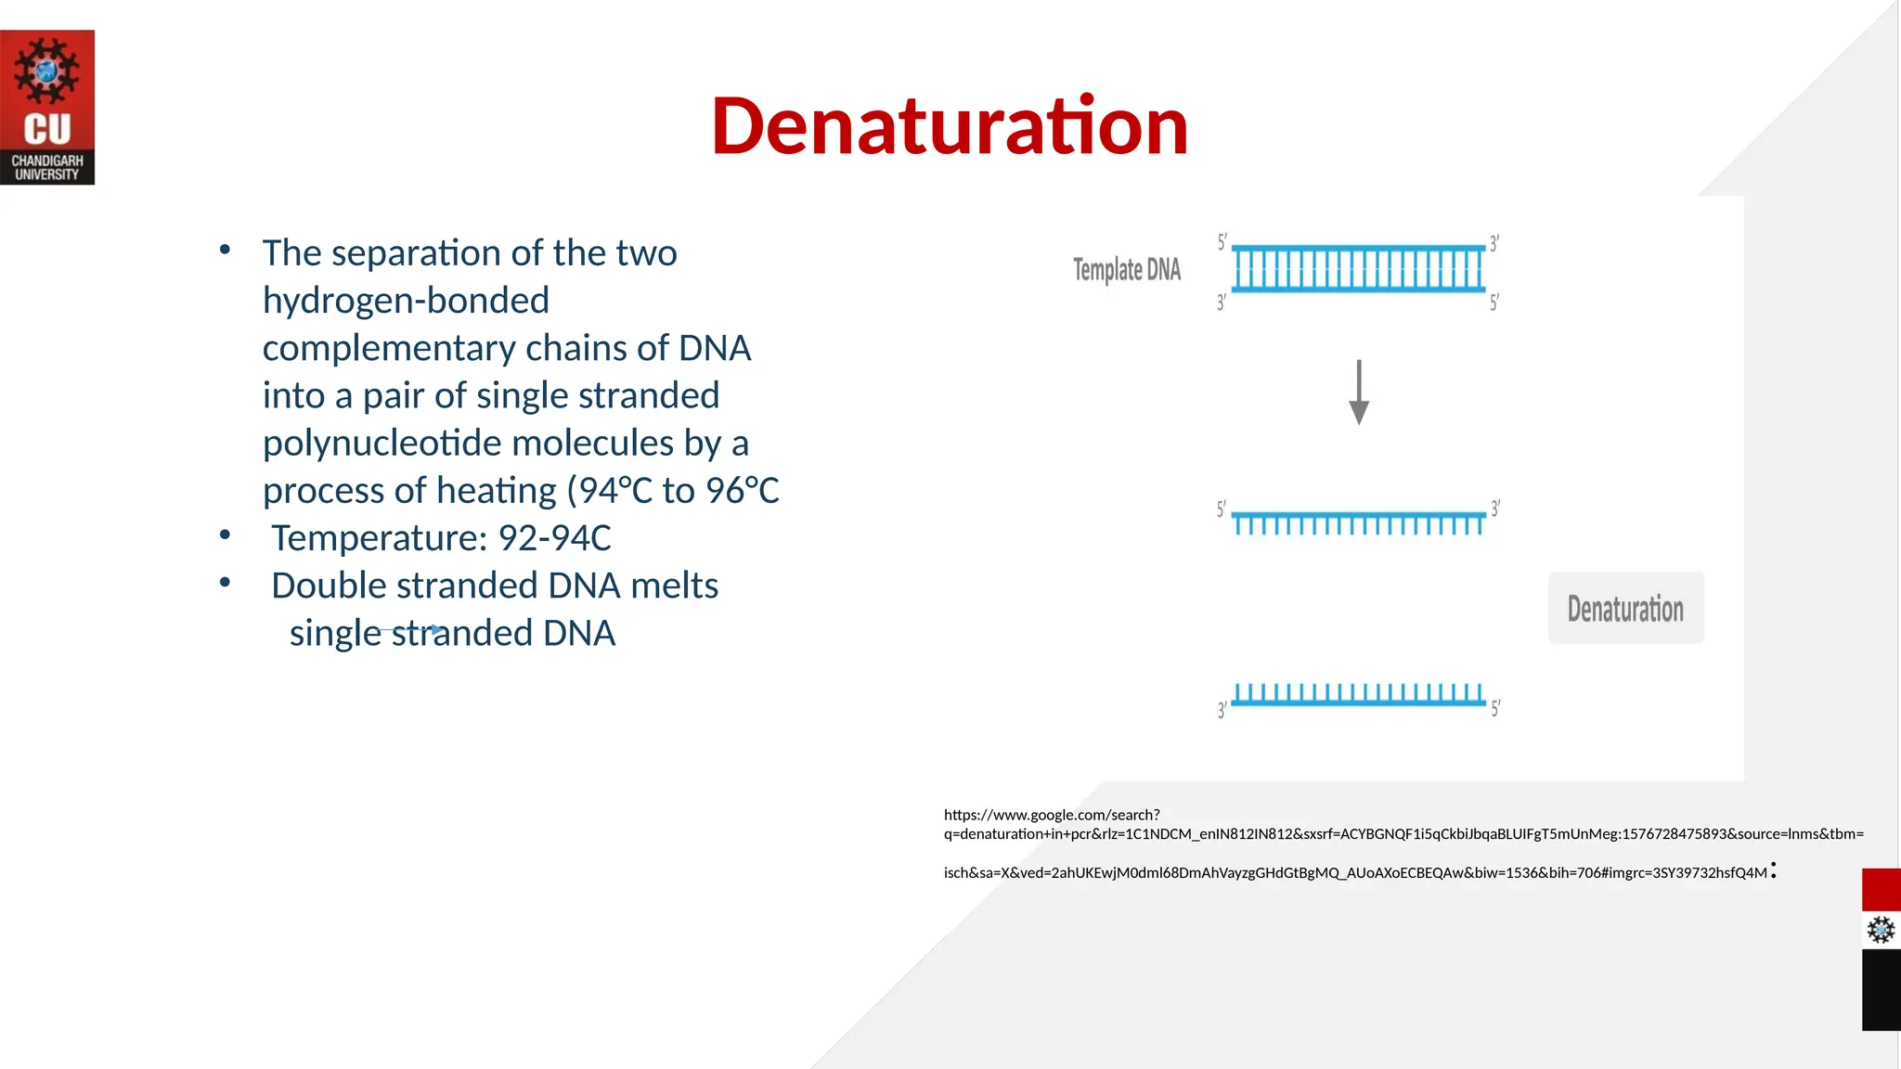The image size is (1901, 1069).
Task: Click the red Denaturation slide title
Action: click(949, 126)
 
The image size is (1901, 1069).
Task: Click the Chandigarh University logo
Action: click(47, 108)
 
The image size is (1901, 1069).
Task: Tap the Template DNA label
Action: click(1126, 270)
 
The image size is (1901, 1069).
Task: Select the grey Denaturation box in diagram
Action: click(1625, 609)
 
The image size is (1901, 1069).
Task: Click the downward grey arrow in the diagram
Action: click(1359, 393)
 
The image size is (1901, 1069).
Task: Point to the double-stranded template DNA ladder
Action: click(1358, 269)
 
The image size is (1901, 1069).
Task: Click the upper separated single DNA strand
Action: click(1358, 522)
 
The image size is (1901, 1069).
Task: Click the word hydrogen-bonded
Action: click(406, 301)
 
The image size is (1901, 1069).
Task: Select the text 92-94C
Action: click(554, 538)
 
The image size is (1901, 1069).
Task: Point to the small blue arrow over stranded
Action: click(435, 629)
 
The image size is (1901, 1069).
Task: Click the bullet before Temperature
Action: click(225, 534)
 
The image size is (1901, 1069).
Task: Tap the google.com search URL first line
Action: click(1052, 815)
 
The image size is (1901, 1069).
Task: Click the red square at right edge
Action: click(1881, 890)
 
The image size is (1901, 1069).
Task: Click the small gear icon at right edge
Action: click(1881, 930)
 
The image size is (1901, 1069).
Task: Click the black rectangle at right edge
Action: click(1881, 989)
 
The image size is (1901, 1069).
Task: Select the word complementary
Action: click(389, 348)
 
